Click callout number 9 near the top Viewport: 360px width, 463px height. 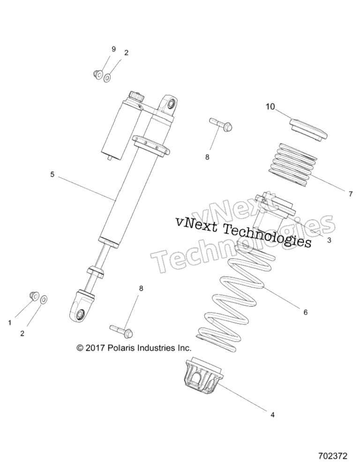(x=113, y=49)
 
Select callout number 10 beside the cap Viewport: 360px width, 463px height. (x=270, y=106)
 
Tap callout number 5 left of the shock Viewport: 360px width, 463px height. (x=52, y=175)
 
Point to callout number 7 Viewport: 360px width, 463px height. (x=350, y=194)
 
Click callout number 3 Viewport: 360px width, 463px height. (x=330, y=240)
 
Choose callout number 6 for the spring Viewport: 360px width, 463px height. (x=306, y=312)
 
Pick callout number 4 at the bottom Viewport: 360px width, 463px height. (x=273, y=415)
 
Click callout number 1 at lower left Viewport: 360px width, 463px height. (x=10, y=323)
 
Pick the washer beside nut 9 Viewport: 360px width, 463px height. (x=107, y=78)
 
